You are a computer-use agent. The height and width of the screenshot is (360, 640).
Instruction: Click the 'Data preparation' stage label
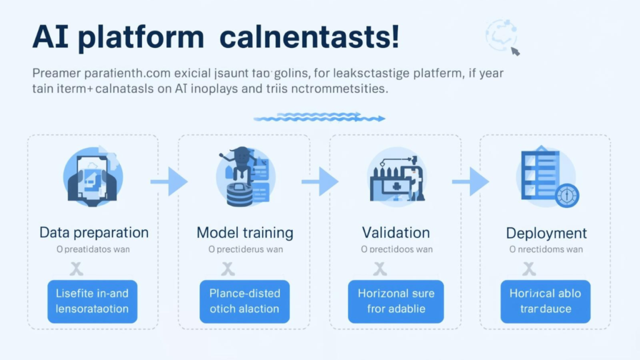pos(94,233)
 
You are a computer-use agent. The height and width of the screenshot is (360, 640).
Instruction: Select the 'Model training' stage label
pos(245,233)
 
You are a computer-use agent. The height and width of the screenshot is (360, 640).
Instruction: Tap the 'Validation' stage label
pos(396,233)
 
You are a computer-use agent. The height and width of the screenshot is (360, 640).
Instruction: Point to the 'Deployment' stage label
pos(546,234)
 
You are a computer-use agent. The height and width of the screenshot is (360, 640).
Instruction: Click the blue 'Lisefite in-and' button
pos(92,301)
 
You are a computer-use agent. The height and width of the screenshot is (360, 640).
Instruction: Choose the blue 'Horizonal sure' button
pos(396,301)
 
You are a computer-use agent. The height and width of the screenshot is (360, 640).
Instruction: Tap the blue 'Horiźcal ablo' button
pos(545,301)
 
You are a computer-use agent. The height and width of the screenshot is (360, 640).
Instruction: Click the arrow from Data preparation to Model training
pos(169,182)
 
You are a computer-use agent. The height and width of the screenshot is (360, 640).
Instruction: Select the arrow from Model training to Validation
pos(320,182)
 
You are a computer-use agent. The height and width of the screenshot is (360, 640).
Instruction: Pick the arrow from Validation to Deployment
pos(471,182)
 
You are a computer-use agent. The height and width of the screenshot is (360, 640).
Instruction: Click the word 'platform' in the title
pos(149,38)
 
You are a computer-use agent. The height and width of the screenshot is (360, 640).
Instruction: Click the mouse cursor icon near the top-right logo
pos(515,51)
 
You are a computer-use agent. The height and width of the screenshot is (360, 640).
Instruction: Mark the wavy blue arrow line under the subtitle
pos(319,117)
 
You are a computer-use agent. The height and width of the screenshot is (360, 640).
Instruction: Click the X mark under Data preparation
pos(76,269)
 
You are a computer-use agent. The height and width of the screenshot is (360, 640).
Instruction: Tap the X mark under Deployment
pos(529,269)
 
